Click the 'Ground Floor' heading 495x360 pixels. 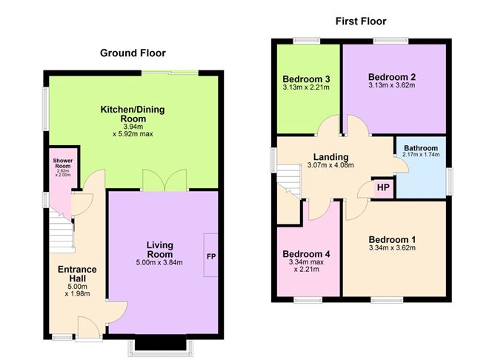[x=133, y=53]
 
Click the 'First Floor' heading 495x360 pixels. [x=361, y=21]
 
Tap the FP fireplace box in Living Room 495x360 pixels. [x=210, y=256]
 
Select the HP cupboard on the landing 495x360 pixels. [x=383, y=187]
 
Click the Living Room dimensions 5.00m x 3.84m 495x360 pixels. [x=159, y=263]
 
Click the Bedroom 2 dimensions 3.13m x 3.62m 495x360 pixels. [x=392, y=85]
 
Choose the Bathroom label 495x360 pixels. [x=420, y=147]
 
